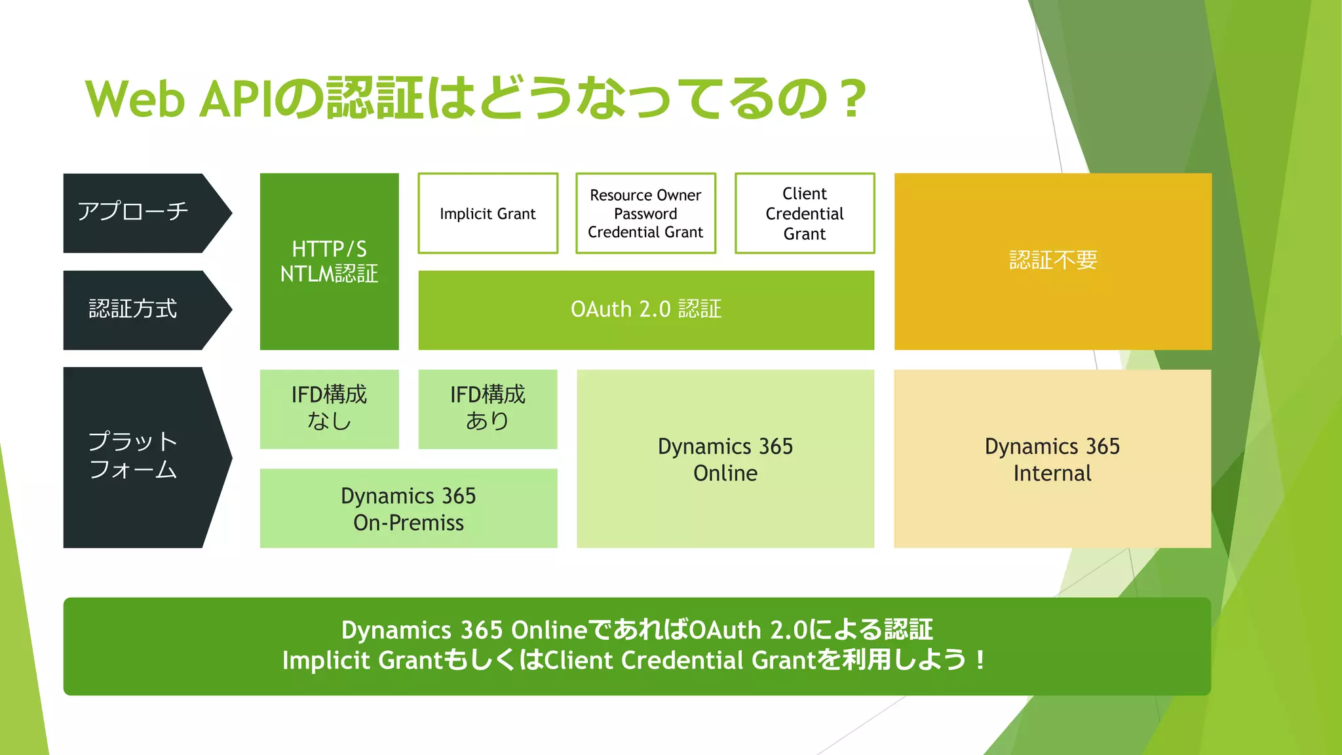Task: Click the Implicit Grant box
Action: (488, 214)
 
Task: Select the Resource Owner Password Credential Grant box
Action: (645, 214)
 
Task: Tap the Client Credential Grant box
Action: (805, 214)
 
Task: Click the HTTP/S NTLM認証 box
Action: (329, 261)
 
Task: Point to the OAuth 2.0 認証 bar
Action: (646, 309)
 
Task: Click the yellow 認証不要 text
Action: (1053, 260)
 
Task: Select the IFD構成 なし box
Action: (329, 408)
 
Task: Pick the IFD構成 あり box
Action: (488, 408)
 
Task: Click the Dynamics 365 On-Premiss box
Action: (408, 509)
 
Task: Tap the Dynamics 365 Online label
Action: (725, 459)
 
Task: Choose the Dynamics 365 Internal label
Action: (1052, 459)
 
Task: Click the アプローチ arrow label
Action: (133, 212)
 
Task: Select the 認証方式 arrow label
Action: (133, 309)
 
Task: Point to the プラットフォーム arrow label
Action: (133, 455)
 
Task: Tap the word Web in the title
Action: (135, 100)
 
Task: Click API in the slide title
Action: (235, 100)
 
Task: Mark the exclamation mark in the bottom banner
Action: (980, 661)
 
